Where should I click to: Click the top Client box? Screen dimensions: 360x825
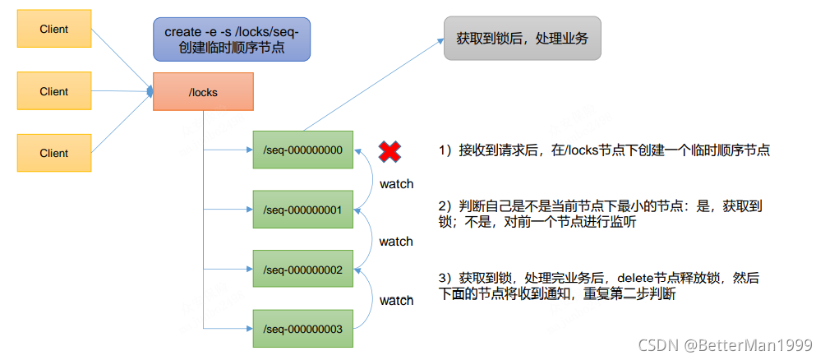pyautogui.click(x=54, y=30)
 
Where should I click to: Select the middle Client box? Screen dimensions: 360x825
pyautogui.click(x=54, y=91)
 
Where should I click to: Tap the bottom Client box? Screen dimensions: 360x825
pyautogui.click(x=54, y=153)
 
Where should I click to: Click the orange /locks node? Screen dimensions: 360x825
pyautogui.click(x=204, y=92)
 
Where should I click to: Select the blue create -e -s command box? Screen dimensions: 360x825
pyautogui.click(x=231, y=39)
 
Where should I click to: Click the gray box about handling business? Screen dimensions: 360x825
pyautogui.click(x=523, y=39)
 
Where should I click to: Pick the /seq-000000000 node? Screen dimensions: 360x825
pyautogui.click(x=302, y=150)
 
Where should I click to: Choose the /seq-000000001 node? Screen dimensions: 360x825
pyautogui.click(x=302, y=210)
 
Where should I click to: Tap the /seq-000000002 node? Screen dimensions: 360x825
pyautogui.click(x=302, y=270)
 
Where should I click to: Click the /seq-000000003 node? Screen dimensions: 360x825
pyautogui.click(x=302, y=329)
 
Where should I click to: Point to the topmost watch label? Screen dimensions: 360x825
pyautogui.click(x=396, y=183)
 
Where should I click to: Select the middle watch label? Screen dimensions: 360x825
pyautogui.click(x=396, y=242)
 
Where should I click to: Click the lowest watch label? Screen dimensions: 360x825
pyautogui.click(x=396, y=300)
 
